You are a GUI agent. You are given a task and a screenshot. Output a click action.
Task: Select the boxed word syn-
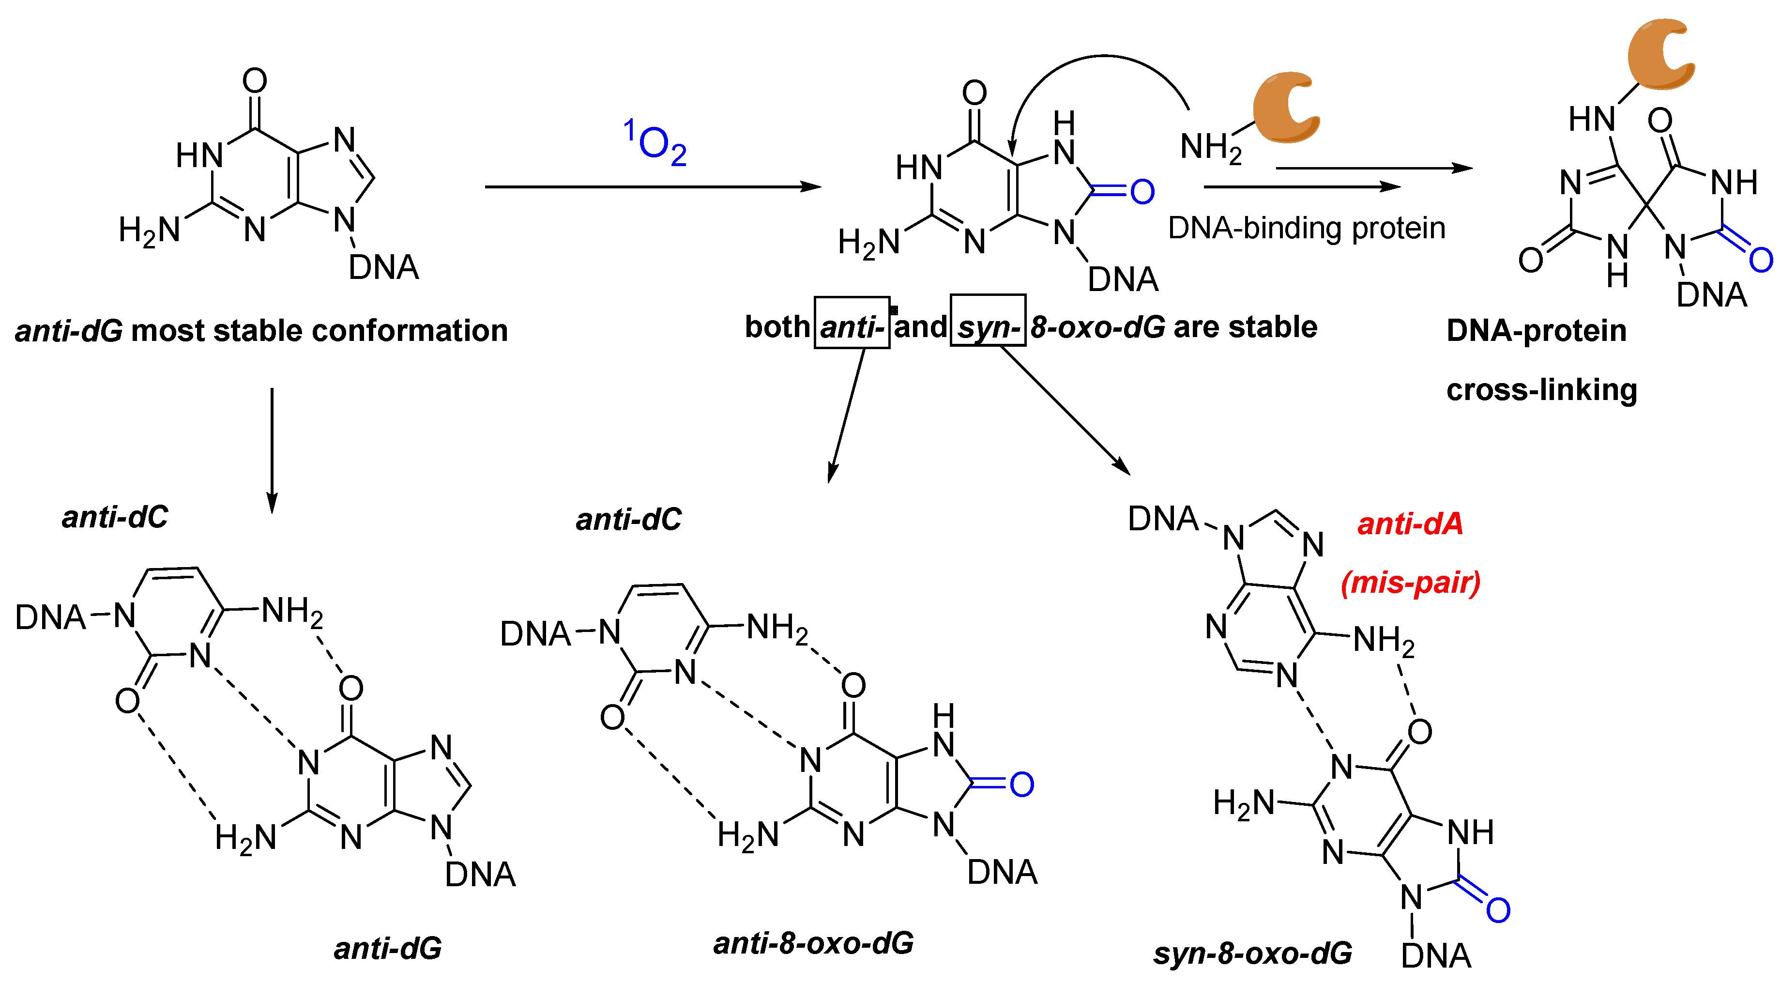(988, 324)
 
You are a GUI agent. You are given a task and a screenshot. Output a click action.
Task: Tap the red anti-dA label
(1410, 523)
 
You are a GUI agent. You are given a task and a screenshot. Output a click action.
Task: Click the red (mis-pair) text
(1410, 583)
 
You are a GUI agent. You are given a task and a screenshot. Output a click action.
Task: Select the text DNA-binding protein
(1307, 228)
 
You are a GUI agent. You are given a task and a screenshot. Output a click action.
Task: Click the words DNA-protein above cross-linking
(1536, 331)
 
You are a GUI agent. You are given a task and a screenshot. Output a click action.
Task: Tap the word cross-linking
(1542, 389)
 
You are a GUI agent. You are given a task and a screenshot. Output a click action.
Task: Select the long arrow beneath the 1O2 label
(652, 187)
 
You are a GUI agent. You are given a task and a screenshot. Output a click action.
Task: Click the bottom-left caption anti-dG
(388, 948)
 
